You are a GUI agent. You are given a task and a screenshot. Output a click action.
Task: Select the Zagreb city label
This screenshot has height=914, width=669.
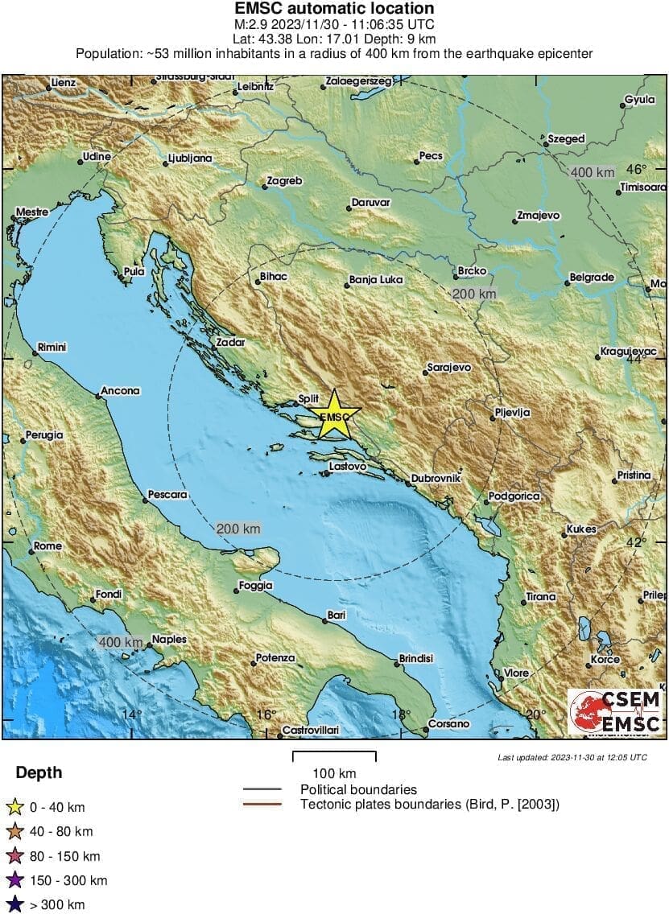284,181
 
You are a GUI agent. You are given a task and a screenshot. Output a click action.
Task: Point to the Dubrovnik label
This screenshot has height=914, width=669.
436,478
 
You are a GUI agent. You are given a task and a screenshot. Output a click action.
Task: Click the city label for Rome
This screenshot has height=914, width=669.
47,546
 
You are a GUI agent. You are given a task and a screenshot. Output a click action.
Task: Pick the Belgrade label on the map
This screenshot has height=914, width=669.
592,278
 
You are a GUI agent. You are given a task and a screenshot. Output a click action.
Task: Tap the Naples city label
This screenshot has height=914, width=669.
169,640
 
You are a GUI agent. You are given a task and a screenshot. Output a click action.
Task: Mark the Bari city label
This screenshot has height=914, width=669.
336,616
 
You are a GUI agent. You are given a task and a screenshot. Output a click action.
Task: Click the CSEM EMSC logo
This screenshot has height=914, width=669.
614,712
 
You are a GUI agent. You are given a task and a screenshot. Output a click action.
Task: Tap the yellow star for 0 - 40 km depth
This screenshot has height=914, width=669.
14,807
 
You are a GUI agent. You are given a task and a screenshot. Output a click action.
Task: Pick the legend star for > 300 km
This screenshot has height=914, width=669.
14,905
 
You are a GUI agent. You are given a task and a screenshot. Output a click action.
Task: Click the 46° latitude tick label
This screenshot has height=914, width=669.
637,170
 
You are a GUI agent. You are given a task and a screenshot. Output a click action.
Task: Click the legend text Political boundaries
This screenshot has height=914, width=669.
358,789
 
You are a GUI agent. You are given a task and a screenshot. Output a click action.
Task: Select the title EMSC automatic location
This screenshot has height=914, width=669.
334,9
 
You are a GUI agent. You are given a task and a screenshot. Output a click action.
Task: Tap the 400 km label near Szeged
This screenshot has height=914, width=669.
592,172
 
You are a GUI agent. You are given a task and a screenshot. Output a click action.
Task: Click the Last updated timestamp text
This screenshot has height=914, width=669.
572,757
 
